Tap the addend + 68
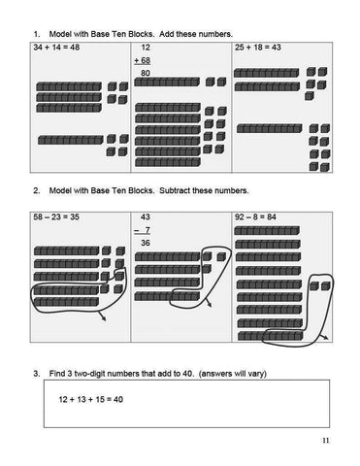[147, 60]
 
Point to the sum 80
[146, 73]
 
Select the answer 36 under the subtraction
[146, 243]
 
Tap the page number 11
[325, 443]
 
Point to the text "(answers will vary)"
[223, 373]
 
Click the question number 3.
[35, 373]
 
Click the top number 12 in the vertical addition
[146, 47]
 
